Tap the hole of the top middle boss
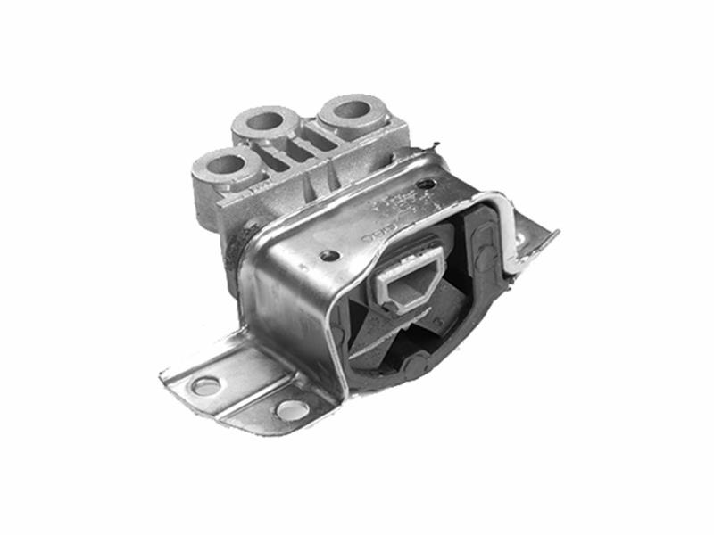[x=266, y=119]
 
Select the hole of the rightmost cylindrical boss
[x=350, y=111]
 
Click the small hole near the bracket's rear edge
[x=427, y=185]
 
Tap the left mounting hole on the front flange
[x=205, y=385]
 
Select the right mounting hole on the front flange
[x=291, y=410]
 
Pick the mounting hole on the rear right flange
[x=520, y=241]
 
